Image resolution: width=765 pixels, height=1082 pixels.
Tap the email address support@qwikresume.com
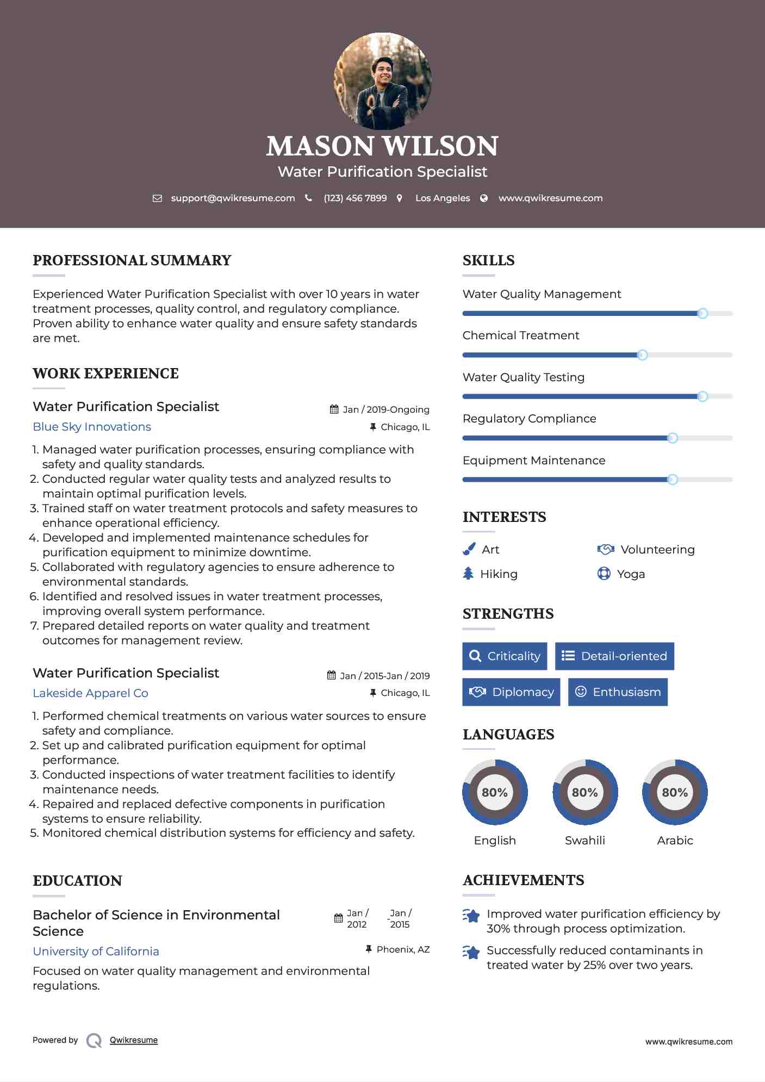coord(233,198)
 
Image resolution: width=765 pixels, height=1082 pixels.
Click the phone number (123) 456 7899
coord(355,198)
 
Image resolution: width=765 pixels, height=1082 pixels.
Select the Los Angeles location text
coord(443,198)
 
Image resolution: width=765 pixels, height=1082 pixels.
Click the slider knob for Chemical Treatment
coord(642,355)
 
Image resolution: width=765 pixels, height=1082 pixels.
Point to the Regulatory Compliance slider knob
coord(673,438)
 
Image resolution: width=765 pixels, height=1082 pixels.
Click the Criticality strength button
coord(505,656)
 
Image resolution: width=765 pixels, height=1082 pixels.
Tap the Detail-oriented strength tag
coord(614,656)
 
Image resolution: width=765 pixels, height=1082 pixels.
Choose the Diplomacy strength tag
coord(511,692)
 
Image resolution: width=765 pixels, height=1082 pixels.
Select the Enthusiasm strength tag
coord(618,692)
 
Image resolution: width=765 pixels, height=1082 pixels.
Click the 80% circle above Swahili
coord(585,792)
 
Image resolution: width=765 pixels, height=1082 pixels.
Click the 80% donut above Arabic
coord(675,792)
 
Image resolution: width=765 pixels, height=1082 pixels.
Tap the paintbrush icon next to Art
coord(469,550)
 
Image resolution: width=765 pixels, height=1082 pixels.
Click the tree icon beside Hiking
coord(468,574)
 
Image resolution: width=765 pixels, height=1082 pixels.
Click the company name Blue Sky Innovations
coord(92,427)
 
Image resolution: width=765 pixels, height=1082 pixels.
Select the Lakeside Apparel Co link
coord(90,693)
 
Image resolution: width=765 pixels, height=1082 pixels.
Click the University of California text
coord(96,952)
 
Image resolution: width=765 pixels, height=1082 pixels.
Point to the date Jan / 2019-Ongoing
coord(386,410)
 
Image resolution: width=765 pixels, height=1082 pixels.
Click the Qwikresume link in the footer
coord(134,1040)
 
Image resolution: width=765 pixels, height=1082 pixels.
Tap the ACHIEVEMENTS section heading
coord(523,880)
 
